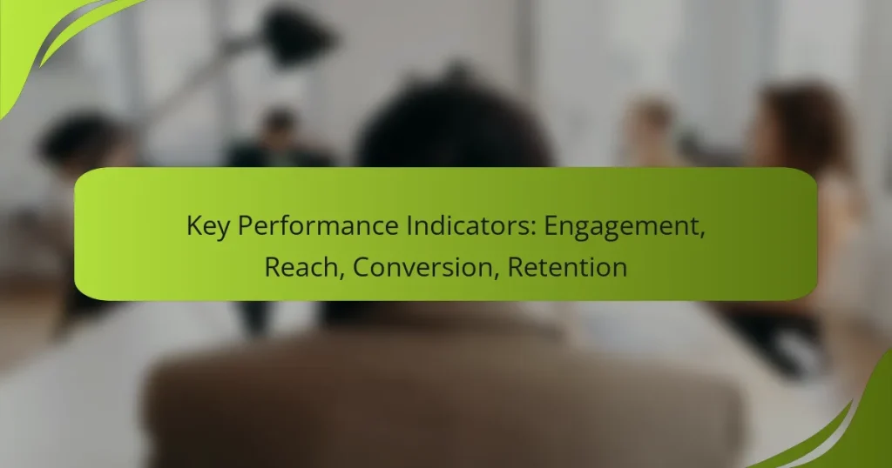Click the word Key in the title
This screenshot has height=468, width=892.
[x=206, y=228]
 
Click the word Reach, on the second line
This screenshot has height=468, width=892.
[x=304, y=267]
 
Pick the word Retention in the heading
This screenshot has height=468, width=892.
[x=567, y=267]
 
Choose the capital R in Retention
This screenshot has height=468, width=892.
[x=514, y=267]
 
